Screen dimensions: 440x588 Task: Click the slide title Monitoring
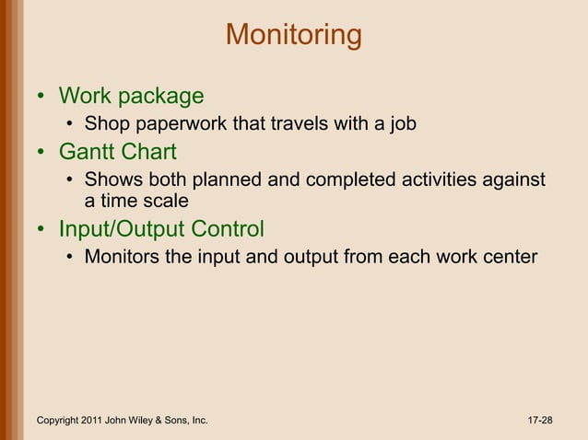(293, 35)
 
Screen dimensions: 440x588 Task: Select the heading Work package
(131, 97)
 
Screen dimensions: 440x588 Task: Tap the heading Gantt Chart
(117, 151)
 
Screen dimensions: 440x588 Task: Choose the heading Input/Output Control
(161, 228)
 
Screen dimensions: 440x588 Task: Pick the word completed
(347, 179)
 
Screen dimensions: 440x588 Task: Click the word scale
(166, 200)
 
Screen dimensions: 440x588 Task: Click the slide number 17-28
(540, 421)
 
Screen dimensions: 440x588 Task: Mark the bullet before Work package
(41, 98)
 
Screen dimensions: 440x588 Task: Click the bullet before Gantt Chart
(41, 152)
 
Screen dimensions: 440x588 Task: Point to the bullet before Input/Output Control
(41, 229)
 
